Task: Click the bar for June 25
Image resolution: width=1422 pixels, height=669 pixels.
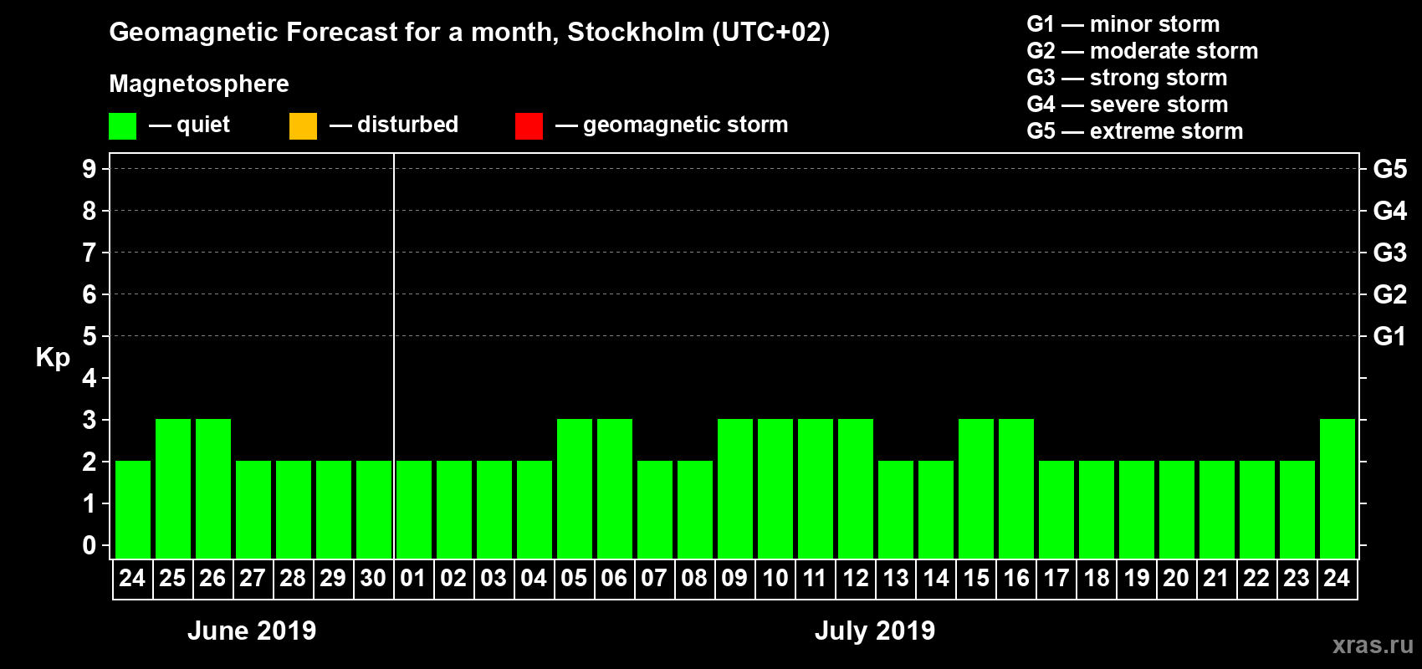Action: pos(173,488)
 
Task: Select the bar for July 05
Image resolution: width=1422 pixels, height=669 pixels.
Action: pos(575,488)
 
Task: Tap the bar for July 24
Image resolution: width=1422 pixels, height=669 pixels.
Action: pos(1338,488)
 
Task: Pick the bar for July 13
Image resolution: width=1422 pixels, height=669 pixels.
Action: pos(896,509)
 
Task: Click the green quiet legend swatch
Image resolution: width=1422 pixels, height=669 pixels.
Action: pos(123,126)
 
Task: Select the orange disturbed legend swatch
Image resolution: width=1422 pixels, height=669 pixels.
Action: pos(303,126)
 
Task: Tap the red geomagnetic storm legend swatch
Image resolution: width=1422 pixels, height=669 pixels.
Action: pos(529,126)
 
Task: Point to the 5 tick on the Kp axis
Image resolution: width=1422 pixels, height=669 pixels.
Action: pos(90,336)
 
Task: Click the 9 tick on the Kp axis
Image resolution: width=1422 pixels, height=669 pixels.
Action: pos(90,169)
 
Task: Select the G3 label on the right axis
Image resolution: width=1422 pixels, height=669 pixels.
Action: pos(1389,253)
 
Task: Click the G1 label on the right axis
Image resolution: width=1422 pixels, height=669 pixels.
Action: pos(1389,336)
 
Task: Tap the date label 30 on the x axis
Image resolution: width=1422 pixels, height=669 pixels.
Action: pos(373,578)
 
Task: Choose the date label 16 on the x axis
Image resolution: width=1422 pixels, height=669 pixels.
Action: pos(1016,578)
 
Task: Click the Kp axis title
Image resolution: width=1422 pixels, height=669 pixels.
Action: pos(53,358)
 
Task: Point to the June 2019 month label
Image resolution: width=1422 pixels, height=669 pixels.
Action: pos(252,631)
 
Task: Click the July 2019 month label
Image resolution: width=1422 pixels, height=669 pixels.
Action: pos(875,631)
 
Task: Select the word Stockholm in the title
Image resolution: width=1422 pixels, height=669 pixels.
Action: pos(636,33)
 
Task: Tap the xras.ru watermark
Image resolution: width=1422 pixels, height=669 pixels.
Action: pos(1373,645)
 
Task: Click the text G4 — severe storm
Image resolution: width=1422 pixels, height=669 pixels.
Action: pos(1128,105)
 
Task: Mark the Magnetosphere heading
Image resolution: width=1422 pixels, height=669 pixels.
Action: pos(199,84)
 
